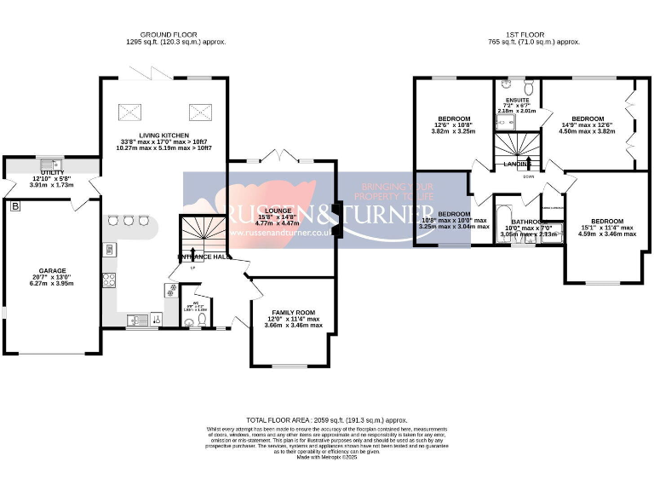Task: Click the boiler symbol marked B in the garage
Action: [14, 206]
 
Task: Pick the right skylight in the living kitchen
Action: [199, 110]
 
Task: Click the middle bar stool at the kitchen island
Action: [129, 221]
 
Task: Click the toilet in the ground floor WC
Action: [201, 320]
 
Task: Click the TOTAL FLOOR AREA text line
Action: [327, 420]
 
